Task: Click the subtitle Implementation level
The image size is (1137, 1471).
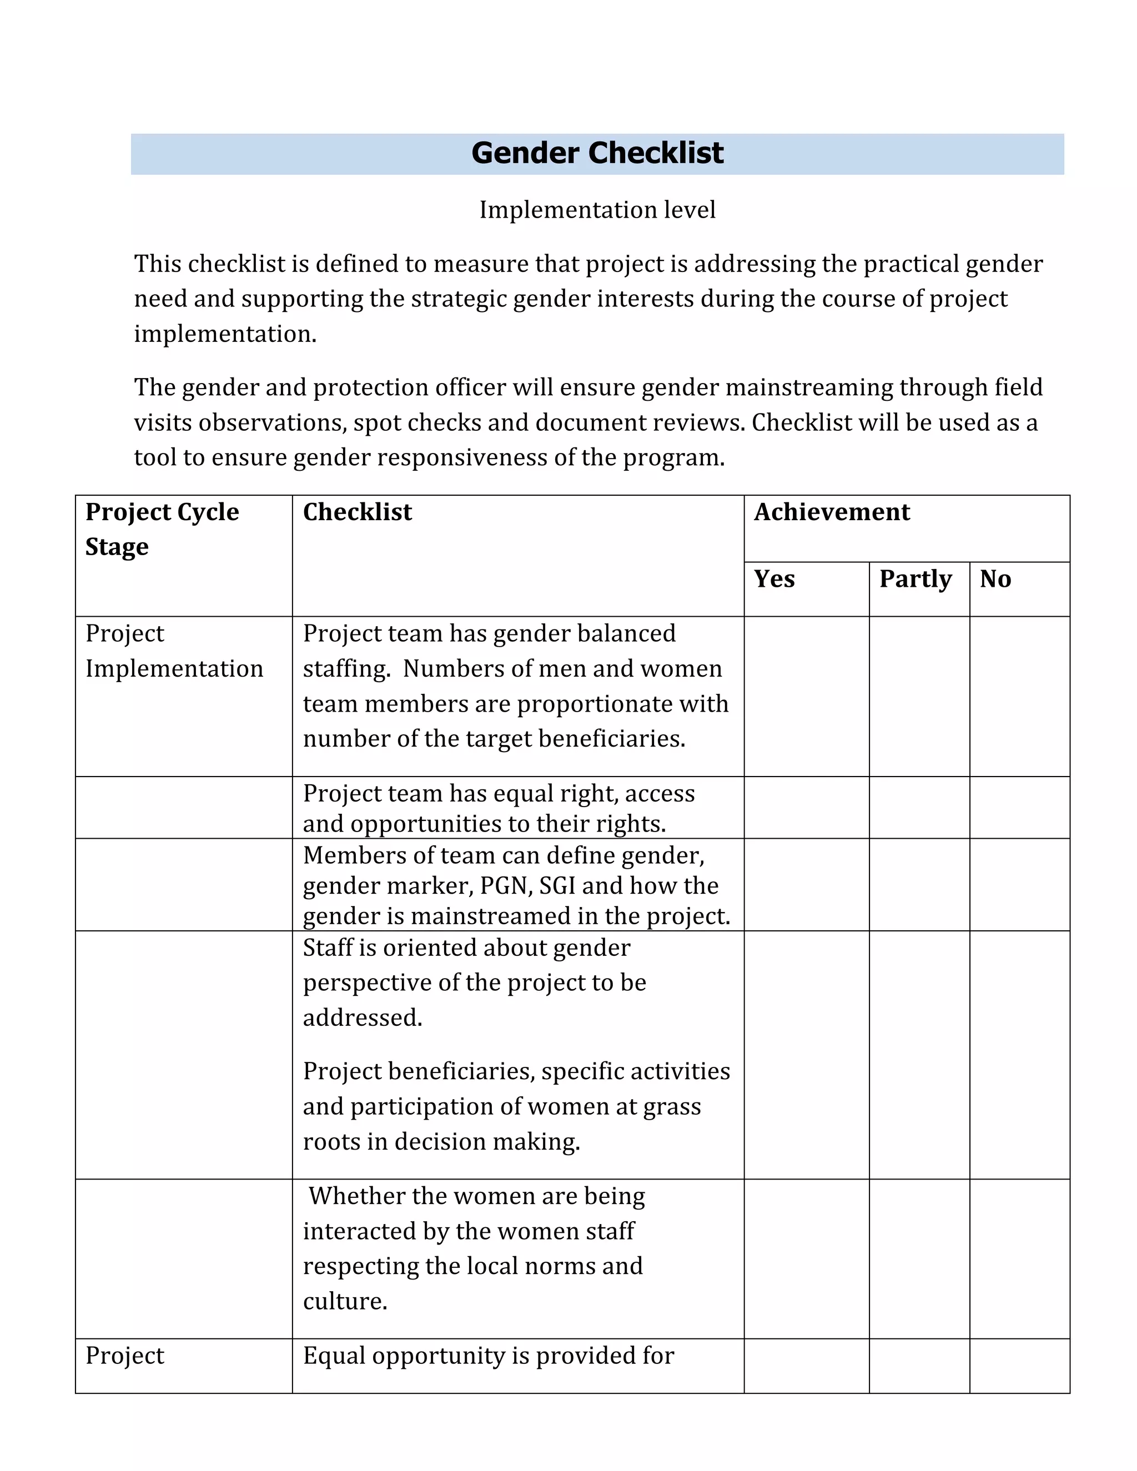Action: click(597, 210)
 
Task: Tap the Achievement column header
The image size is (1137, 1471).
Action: click(831, 512)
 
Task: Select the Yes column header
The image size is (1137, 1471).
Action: click(774, 578)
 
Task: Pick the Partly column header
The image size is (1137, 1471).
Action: click(915, 578)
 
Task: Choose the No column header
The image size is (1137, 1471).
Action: click(995, 578)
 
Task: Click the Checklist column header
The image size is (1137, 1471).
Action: click(357, 512)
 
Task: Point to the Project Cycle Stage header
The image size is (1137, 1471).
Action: click(162, 530)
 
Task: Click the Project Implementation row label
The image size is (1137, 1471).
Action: click(174, 651)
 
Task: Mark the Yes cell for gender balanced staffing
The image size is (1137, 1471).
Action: click(806, 696)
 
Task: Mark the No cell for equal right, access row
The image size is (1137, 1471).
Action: click(1019, 808)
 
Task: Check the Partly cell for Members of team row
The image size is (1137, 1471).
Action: click(919, 884)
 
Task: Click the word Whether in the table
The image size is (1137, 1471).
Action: click(357, 1196)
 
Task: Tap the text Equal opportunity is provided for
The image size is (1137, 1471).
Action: click(489, 1356)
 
